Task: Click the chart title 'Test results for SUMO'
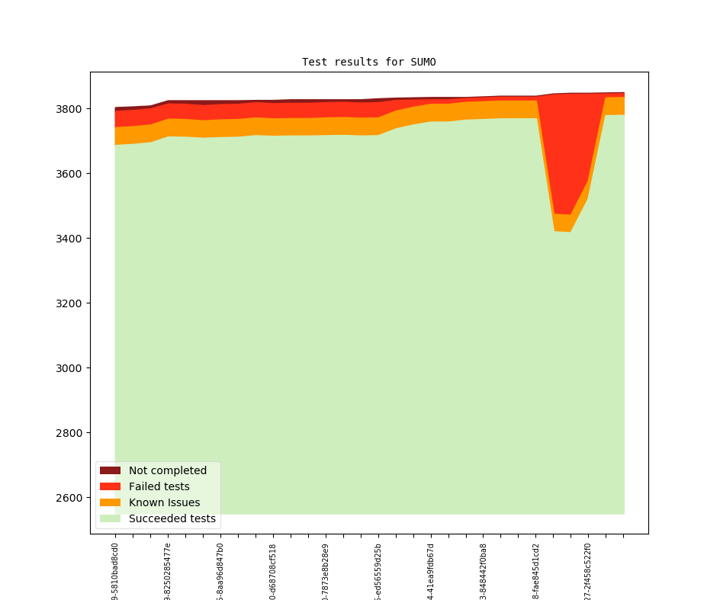[x=368, y=62]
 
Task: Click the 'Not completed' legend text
[x=168, y=470]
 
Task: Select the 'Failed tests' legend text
[x=159, y=486]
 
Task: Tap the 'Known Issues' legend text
[x=164, y=502]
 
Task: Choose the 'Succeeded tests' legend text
[x=172, y=518]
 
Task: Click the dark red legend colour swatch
[x=110, y=470]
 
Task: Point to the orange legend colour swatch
[x=110, y=502]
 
